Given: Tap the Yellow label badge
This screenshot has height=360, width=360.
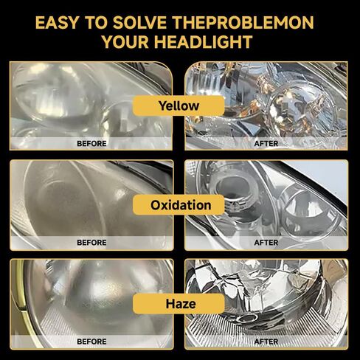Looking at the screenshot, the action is click(179, 105).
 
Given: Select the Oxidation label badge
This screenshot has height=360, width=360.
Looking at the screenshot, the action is click(179, 205).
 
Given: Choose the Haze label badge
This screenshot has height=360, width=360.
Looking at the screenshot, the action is click(179, 304).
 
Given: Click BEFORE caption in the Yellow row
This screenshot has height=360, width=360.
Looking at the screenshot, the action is click(91, 144).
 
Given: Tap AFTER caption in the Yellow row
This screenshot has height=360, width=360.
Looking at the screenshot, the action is click(266, 144).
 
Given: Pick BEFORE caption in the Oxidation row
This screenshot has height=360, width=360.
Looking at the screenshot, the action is click(91, 243).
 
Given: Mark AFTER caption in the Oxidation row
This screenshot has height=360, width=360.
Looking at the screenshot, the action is click(266, 243).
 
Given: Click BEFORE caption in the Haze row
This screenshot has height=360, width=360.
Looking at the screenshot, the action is click(91, 342).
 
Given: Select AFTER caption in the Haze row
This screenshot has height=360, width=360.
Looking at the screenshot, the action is click(266, 342).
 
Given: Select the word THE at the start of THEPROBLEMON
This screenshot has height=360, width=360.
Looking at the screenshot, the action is click(189, 23).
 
